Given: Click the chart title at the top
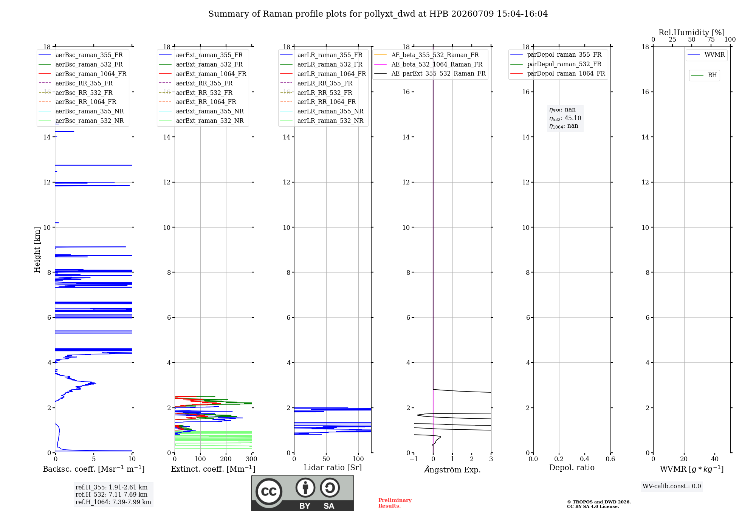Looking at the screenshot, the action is click(x=378, y=14).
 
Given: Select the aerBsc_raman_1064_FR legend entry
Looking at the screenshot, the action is click(x=83, y=74).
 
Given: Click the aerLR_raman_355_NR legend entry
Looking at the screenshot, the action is click(x=322, y=111).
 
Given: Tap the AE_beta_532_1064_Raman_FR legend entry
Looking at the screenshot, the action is click(x=429, y=64).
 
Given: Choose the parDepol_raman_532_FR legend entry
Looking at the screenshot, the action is click(x=556, y=64).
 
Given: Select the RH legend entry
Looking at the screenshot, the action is click(x=704, y=75).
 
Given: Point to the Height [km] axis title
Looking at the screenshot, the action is click(x=37, y=250).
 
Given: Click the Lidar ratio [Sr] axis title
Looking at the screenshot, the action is click(x=333, y=468).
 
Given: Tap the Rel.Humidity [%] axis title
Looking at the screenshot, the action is click(x=692, y=33).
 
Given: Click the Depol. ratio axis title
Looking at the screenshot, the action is click(x=572, y=468).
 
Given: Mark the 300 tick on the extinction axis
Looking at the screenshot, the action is click(x=252, y=459).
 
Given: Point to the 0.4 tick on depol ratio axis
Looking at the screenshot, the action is click(x=585, y=459).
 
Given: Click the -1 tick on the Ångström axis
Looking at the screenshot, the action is click(x=414, y=459).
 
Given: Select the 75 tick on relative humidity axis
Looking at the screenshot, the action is click(x=711, y=39).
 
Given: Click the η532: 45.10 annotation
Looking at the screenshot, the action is click(x=565, y=118).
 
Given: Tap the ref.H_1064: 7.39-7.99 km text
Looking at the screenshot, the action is click(x=113, y=502).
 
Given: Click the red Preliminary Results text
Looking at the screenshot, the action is click(x=395, y=503).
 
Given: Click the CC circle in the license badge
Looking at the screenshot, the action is click(x=269, y=492).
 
